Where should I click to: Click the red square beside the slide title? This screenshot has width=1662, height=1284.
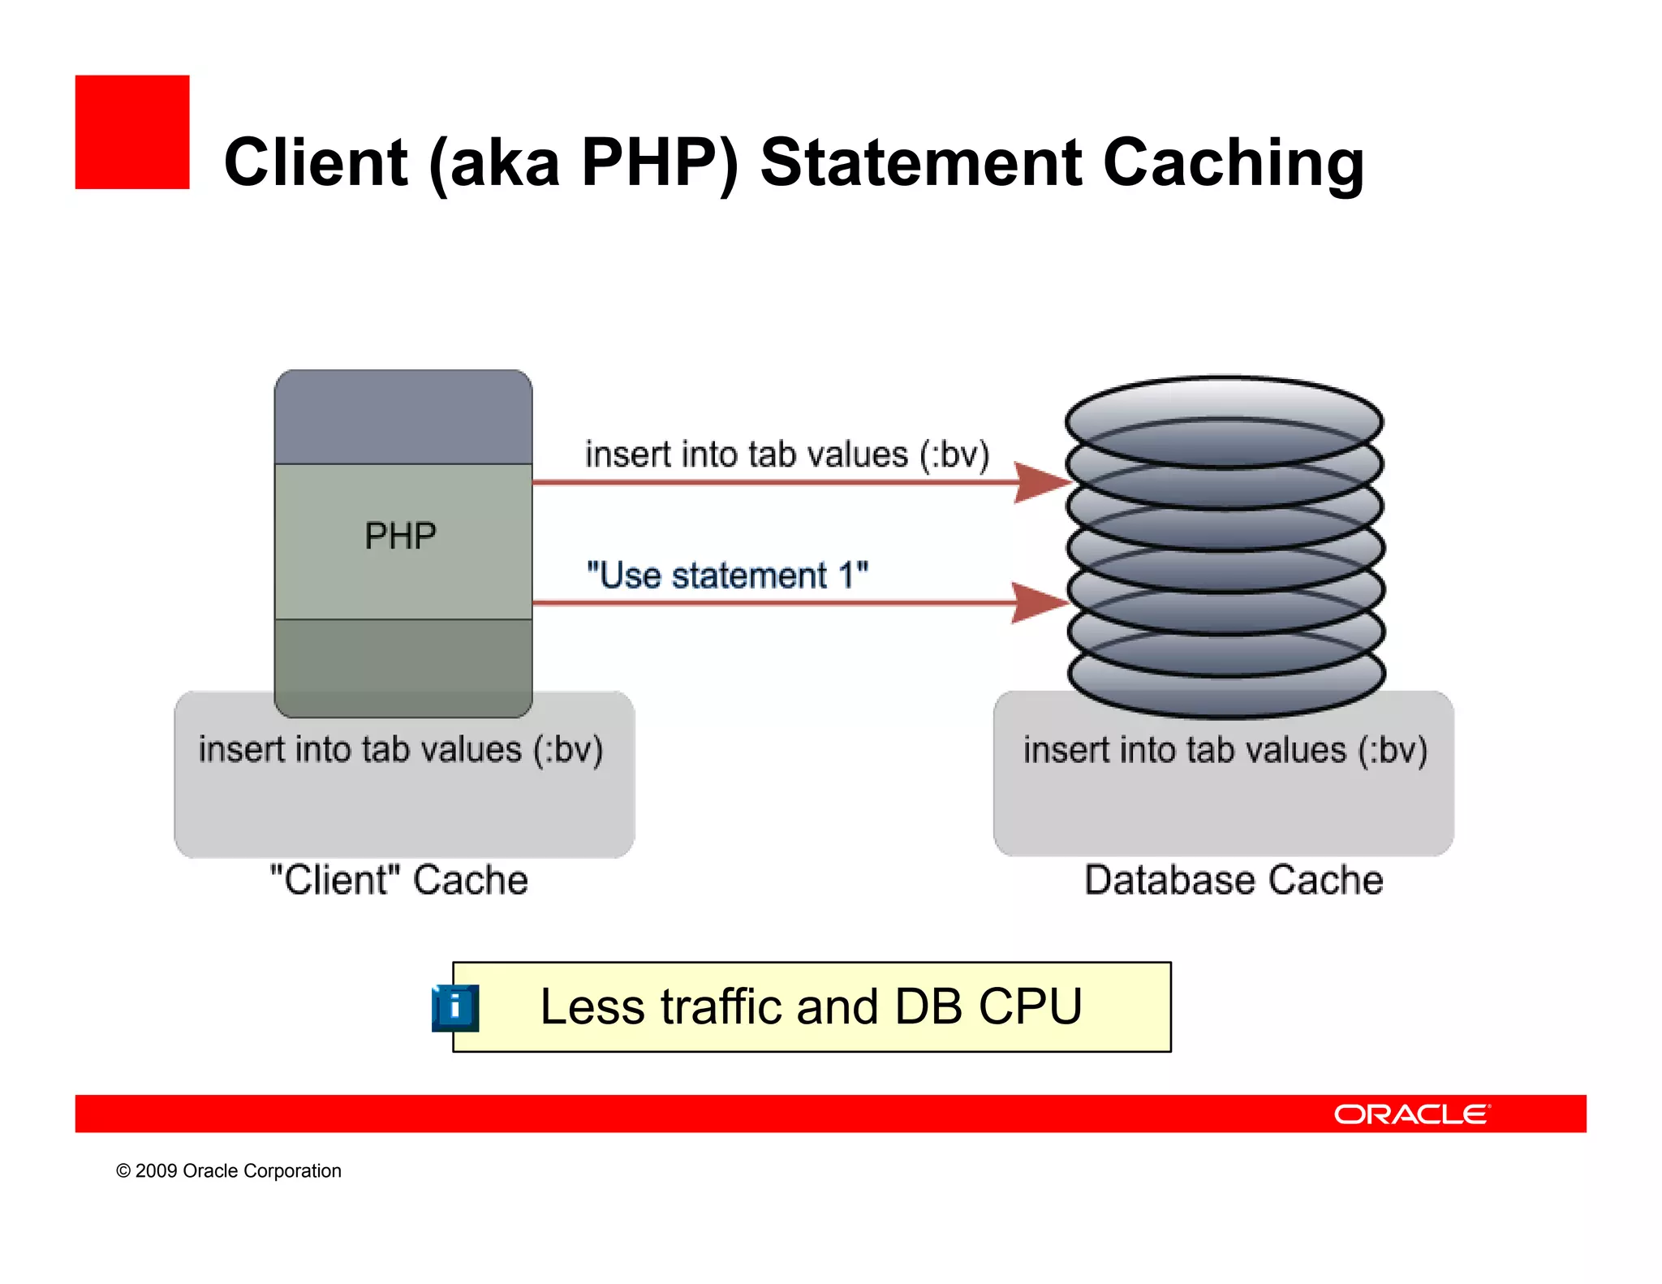[132, 132]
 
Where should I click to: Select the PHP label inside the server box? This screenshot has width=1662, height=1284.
[400, 536]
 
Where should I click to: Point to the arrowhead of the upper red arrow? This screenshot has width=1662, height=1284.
[1042, 483]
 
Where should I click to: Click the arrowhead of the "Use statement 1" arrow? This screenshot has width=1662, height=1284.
[1040, 603]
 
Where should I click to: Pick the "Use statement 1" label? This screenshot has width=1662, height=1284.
[727, 575]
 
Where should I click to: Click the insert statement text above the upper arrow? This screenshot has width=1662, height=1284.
[786, 455]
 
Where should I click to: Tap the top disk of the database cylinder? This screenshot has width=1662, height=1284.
[1224, 420]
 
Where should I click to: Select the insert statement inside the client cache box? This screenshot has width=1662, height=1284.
[401, 749]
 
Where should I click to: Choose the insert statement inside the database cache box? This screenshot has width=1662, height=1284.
[1225, 750]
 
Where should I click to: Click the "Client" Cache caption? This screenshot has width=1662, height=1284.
[398, 880]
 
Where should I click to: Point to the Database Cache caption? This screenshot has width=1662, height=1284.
[1234, 880]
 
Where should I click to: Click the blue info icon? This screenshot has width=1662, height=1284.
[455, 1007]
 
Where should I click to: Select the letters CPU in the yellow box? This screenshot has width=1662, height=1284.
[1030, 1007]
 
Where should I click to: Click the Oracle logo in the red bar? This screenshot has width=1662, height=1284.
[1411, 1114]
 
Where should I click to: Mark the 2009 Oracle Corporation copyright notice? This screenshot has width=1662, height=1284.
[229, 1171]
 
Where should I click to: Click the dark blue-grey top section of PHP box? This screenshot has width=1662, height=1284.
[403, 418]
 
